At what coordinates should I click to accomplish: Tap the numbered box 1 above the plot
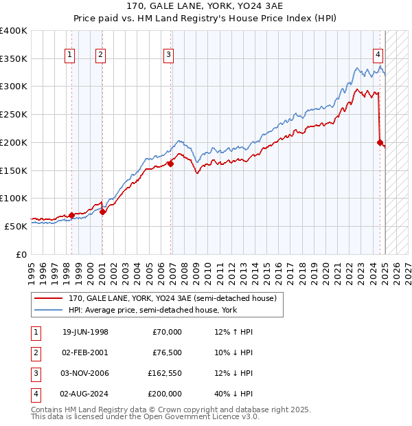pyautogui.click(x=71, y=56)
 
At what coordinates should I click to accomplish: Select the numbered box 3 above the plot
pyautogui.click(x=168, y=56)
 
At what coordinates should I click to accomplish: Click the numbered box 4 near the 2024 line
pyautogui.click(x=378, y=56)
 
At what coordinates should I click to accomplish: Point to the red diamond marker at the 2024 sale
pyautogui.click(x=380, y=142)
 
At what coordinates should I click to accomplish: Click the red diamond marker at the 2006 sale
pyautogui.click(x=170, y=163)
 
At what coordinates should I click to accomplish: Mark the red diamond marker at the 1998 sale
pyautogui.click(x=71, y=215)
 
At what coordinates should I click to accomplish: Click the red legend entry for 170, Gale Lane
pyautogui.click(x=172, y=298)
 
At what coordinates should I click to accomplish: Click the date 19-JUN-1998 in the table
pyautogui.click(x=85, y=332)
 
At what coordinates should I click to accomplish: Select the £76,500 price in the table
pyautogui.click(x=167, y=352)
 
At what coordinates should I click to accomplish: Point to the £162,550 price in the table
pyautogui.click(x=165, y=373)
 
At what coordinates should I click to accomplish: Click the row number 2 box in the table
pyautogui.click(x=34, y=352)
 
